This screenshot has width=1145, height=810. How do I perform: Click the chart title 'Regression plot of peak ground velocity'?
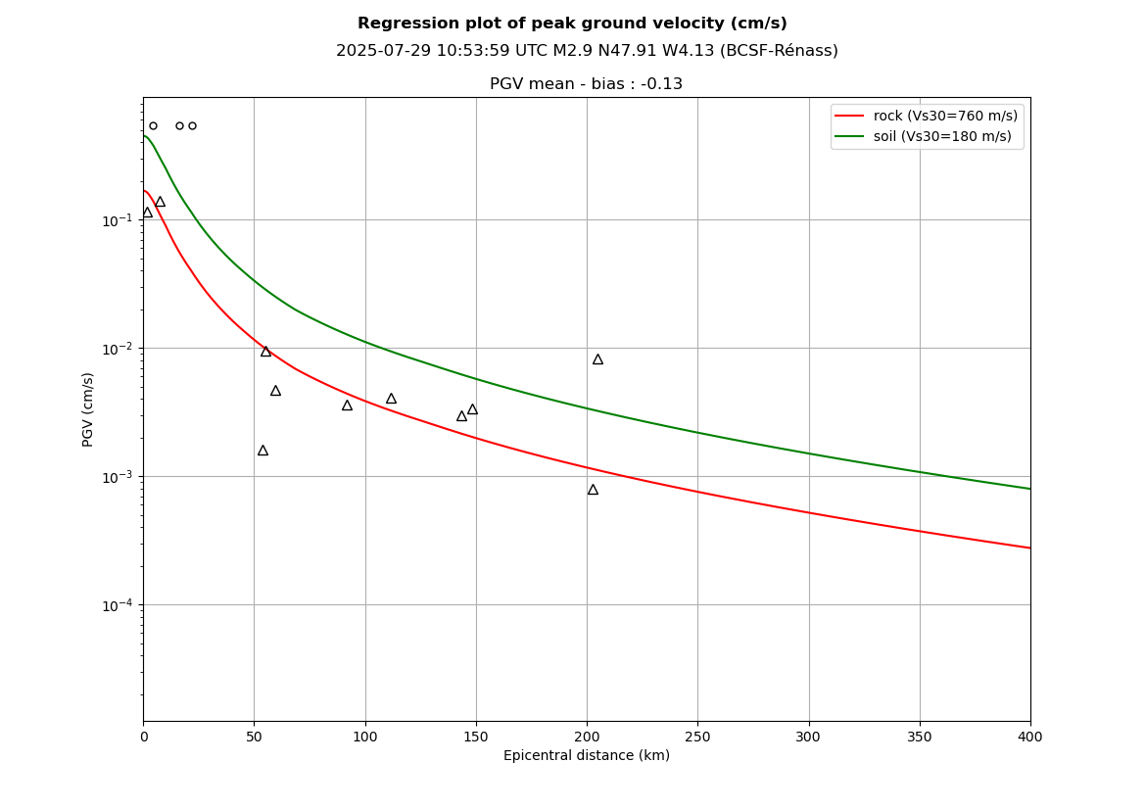572,24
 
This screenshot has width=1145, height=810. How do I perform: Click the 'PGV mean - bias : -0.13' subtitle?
586,84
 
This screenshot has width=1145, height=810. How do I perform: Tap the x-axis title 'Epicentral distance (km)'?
587,755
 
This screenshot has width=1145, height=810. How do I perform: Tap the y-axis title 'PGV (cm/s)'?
88,409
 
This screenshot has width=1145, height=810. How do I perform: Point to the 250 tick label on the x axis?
697,737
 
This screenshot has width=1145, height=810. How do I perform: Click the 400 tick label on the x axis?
1029,737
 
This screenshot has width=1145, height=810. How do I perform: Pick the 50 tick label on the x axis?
254,737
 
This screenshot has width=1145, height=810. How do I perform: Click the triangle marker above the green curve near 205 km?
597,359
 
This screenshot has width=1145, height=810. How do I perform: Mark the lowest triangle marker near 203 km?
593,490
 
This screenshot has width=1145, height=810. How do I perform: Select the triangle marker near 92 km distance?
347,405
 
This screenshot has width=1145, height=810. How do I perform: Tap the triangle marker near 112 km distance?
391,399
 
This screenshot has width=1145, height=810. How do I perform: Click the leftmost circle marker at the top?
153,125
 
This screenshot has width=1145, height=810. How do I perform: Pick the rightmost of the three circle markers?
192,125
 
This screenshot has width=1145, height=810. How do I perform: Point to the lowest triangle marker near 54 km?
262,451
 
